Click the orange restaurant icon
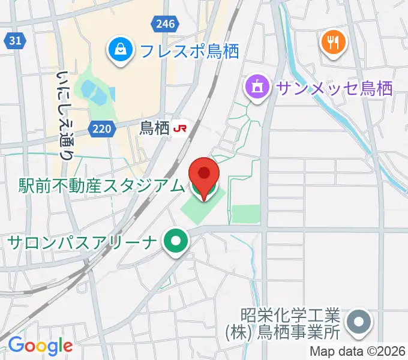tap(332, 41)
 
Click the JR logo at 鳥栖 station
tap(180, 128)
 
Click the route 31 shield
tap(16, 41)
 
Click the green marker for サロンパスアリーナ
tap(176, 242)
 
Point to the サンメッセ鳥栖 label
tap(334, 88)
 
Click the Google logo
tap(40, 346)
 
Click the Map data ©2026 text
tap(358, 352)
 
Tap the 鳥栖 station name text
tap(154, 128)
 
